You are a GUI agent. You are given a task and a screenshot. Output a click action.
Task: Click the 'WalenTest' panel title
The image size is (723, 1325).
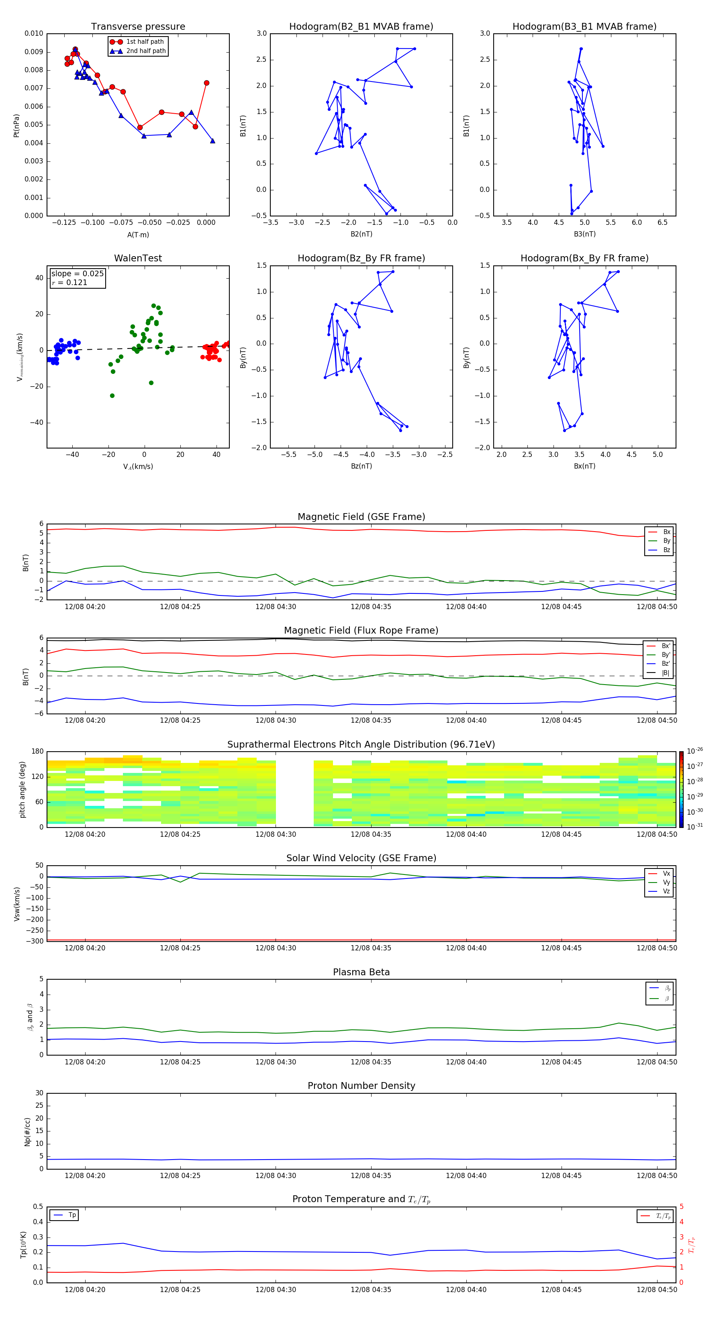tap(138, 258)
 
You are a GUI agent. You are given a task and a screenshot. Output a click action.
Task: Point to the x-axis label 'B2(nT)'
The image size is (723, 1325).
tap(361, 234)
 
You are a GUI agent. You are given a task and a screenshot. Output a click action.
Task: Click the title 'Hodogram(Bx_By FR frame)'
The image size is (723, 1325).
tap(584, 258)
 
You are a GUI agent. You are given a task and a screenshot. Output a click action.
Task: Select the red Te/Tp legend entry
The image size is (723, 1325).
tap(663, 1216)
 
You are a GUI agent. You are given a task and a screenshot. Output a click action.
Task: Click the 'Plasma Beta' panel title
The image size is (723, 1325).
tap(361, 972)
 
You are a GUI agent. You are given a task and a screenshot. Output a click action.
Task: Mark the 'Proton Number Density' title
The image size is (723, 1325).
tap(361, 1086)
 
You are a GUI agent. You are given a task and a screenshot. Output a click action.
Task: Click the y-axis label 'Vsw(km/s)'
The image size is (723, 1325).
tap(17, 904)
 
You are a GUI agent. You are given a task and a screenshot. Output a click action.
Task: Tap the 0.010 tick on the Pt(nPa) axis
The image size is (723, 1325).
tap(34, 33)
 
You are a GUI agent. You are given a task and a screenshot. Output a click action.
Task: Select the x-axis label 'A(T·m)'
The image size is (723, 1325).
tap(138, 234)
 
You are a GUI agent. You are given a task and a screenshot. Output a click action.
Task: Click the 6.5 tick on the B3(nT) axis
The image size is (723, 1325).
tap(662, 223)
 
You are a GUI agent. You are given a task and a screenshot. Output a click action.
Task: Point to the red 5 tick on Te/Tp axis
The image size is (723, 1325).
tap(682, 1207)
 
